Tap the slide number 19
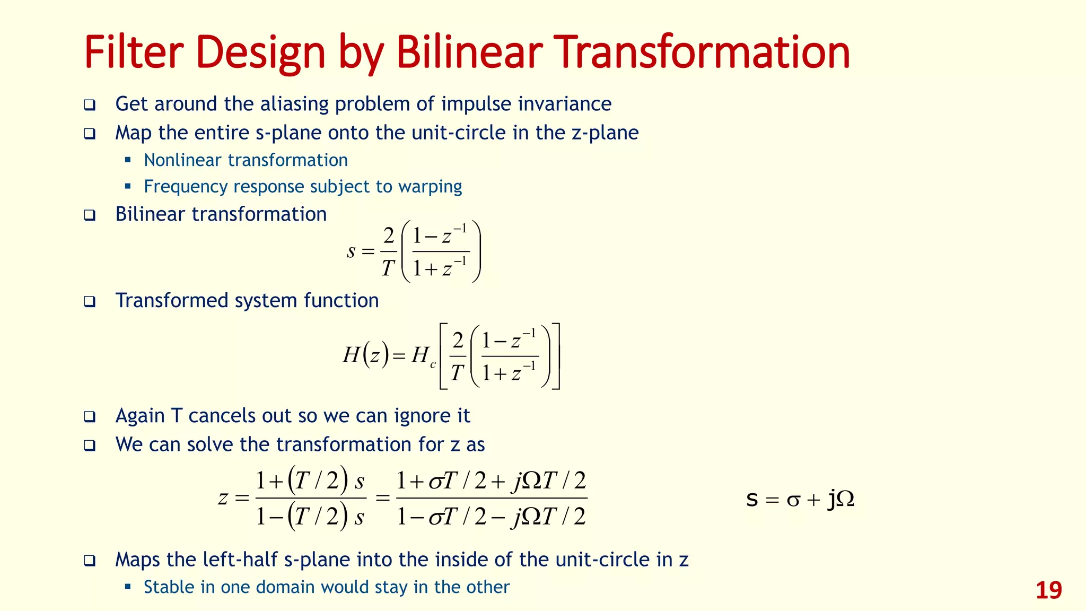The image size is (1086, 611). pyautogui.click(x=1048, y=590)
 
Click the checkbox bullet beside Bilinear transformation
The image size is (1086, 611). pyautogui.click(x=90, y=215)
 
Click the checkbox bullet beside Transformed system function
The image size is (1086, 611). pyautogui.click(x=90, y=302)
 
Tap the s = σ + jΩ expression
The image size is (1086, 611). pyautogui.click(x=800, y=499)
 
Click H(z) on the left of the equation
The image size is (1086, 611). pyautogui.click(x=366, y=355)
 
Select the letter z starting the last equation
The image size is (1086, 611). pyautogui.click(x=223, y=498)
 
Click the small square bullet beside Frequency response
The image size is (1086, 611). pyautogui.click(x=128, y=186)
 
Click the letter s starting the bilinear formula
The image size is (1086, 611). pyautogui.click(x=351, y=251)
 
